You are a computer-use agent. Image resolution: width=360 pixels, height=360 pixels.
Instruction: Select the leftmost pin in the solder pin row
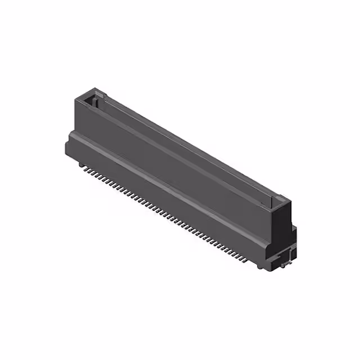click(83, 166)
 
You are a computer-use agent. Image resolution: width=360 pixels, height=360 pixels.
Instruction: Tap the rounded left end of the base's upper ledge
click(70, 134)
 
